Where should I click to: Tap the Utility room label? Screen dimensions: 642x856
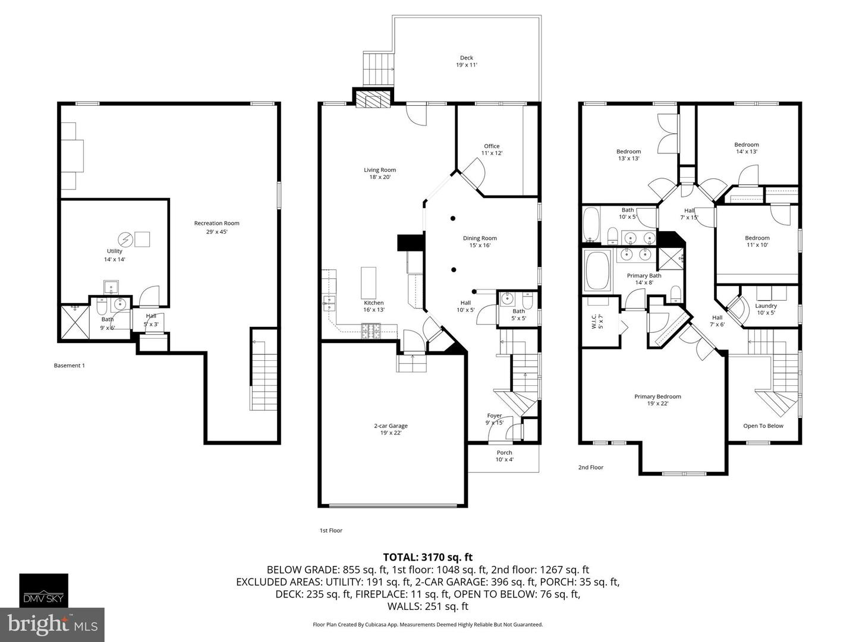[x=115, y=255]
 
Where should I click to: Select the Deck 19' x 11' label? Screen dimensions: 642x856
[x=467, y=61]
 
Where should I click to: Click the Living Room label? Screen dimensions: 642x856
[x=380, y=174]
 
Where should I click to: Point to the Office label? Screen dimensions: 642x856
[x=492, y=149]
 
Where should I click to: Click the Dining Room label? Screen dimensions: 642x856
[x=480, y=241]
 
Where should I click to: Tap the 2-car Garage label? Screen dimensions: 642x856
[x=391, y=429]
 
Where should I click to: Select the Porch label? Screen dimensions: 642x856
[x=504, y=456]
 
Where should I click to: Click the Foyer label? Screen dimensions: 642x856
[x=495, y=419]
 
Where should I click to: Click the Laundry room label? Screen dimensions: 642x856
[x=766, y=309]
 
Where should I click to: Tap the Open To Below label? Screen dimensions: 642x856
[x=763, y=426]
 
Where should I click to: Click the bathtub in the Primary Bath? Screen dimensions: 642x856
[x=598, y=270]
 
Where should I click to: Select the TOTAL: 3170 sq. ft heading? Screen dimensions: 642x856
[x=427, y=557]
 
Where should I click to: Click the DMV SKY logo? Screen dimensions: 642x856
[x=44, y=590]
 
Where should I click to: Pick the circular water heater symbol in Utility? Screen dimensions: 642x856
[x=125, y=239]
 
